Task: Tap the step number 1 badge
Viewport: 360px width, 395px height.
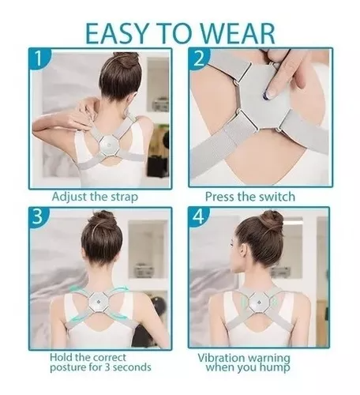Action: (39, 58)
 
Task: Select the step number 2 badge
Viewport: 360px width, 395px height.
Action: (199, 58)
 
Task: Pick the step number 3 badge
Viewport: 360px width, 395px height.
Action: (39, 216)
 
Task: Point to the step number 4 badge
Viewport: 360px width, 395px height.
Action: (199, 216)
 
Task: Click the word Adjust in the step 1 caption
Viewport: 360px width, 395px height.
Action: (69, 197)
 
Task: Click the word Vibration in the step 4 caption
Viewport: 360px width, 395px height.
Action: (222, 358)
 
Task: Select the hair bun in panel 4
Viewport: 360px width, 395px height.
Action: (271, 219)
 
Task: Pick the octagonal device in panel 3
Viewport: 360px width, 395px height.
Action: (98, 302)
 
